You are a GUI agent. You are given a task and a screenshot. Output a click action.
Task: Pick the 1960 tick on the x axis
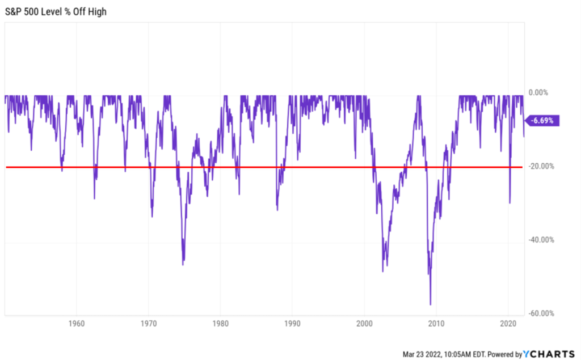point(76,324)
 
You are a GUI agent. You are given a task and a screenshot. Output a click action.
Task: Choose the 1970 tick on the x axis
point(148,324)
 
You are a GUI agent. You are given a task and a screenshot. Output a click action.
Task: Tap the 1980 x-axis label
point(220,324)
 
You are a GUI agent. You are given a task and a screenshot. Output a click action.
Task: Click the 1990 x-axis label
point(292,324)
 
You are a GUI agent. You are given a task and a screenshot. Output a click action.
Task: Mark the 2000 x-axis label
point(364,324)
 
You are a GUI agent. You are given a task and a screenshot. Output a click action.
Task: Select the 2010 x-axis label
point(436,324)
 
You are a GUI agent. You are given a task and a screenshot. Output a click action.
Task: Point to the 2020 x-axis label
point(508,324)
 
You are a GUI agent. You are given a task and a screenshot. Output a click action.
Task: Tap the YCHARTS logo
point(549,354)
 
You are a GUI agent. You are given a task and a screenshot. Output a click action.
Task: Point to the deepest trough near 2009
point(431,305)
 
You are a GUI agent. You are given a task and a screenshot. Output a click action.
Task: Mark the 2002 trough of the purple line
point(383,272)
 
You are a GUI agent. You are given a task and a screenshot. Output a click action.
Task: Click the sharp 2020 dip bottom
point(510,203)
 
